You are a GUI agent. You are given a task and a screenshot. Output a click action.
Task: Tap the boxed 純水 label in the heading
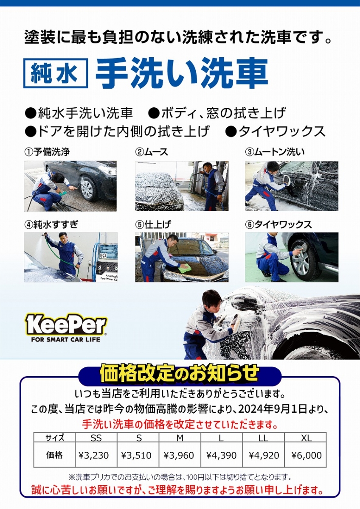click(x=56, y=73)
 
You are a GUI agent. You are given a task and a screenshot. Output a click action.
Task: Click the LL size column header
click(x=263, y=438)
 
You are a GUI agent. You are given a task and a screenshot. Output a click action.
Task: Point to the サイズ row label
click(x=55, y=438)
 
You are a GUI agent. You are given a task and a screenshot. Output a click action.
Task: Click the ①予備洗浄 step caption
click(x=47, y=152)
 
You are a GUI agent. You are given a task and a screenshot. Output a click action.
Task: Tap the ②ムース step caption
click(x=152, y=152)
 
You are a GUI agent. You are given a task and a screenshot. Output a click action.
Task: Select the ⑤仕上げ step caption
click(x=153, y=224)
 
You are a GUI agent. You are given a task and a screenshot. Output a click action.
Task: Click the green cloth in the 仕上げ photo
click(x=185, y=268)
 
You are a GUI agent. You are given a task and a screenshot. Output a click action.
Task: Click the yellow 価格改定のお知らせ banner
click(x=180, y=373)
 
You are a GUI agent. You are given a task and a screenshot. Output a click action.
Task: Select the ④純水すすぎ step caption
click(x=51, y=224)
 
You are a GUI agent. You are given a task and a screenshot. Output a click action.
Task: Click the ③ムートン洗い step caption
click(x=275, y=152)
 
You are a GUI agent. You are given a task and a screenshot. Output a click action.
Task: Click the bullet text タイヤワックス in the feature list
click(x=282, y=131)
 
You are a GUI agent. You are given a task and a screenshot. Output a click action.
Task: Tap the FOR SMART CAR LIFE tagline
click(x=65, y=340)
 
